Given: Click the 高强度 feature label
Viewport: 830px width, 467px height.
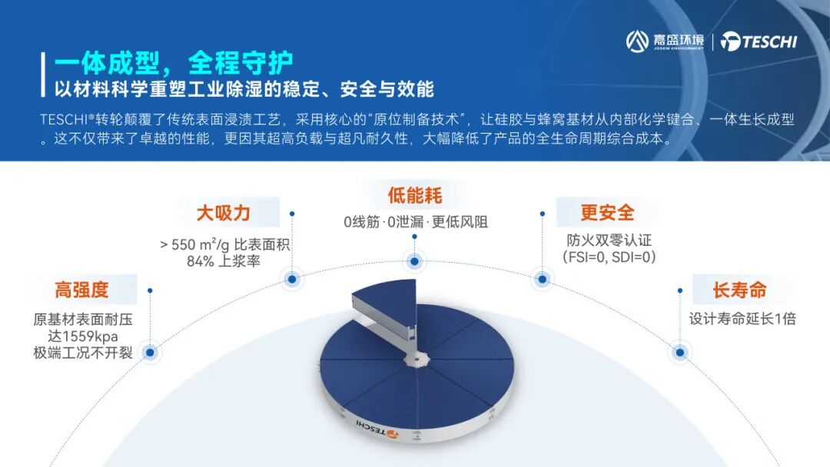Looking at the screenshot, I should point(81,290).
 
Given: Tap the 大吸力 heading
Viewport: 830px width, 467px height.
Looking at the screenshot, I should point(223,212).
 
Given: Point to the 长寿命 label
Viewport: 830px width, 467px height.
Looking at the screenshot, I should point(739,290).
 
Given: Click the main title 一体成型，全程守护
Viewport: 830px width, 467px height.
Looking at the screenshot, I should point(174,61).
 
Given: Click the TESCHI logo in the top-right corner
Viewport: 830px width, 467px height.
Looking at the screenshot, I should point(759,41).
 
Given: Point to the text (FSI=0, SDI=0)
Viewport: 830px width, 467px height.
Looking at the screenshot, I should point(609,257).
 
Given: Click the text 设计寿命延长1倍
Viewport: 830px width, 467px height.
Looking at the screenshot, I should point(742,319).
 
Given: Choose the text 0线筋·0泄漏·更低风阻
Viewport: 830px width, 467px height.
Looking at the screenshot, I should point(416,223).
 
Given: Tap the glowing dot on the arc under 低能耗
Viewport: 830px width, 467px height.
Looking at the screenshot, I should point(415,262).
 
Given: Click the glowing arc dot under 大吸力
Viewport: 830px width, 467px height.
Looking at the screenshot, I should point(292,279).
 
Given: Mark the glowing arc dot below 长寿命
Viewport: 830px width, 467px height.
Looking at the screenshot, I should point(679,353).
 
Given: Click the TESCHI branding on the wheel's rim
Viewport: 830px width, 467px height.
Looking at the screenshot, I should point(377,431).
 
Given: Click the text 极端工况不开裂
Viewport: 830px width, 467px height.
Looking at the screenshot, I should point(82,353).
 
